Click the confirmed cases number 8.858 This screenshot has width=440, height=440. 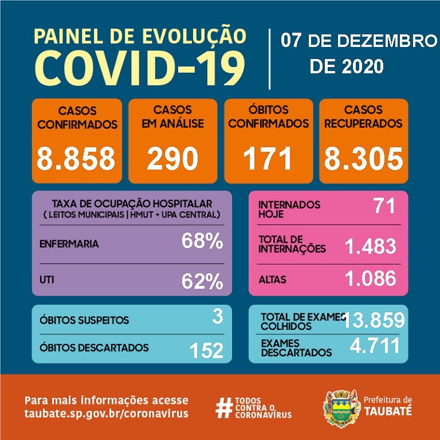(77, 159)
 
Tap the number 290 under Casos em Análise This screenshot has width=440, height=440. (172, 159)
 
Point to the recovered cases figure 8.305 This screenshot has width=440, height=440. (363, 159)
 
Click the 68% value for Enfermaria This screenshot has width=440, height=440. (202, 242)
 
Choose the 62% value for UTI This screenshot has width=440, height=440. (202, 281)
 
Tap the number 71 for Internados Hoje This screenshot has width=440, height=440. (384, 206)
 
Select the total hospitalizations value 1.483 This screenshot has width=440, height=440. (370, 246)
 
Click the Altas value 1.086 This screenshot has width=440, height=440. (370, 278)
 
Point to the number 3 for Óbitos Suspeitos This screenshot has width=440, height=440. (217, 317)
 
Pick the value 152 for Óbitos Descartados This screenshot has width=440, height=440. (207, 350)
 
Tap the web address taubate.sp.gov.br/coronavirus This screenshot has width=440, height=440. (106, 414)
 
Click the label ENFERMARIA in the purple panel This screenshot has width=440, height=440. (69, 243)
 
